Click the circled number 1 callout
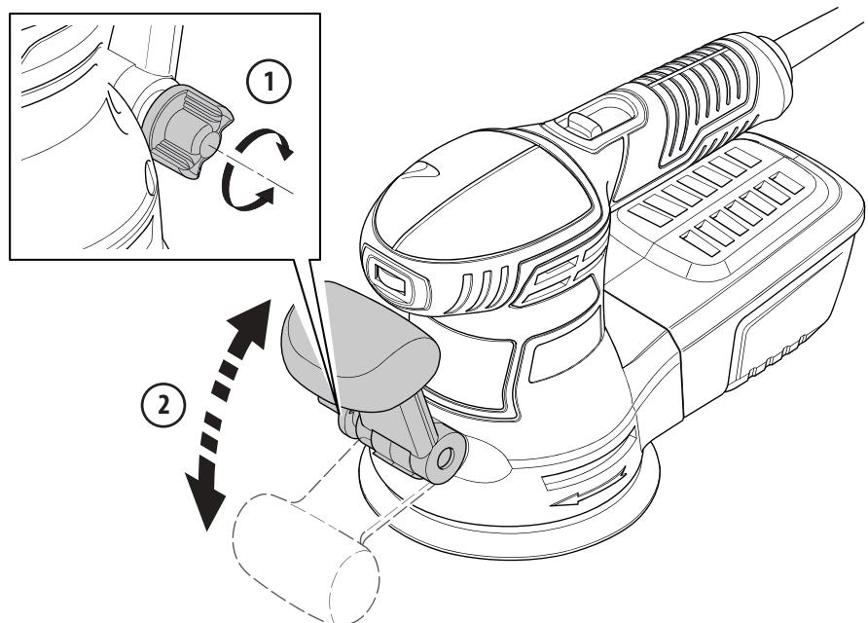(x=269, y=82)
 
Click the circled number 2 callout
(x=163, y=405)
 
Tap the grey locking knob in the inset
(x=186, y=131)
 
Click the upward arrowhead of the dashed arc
(x=252, y=321)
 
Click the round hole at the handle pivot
(x=446, y=458)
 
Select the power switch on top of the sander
(x=584, y=124)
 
